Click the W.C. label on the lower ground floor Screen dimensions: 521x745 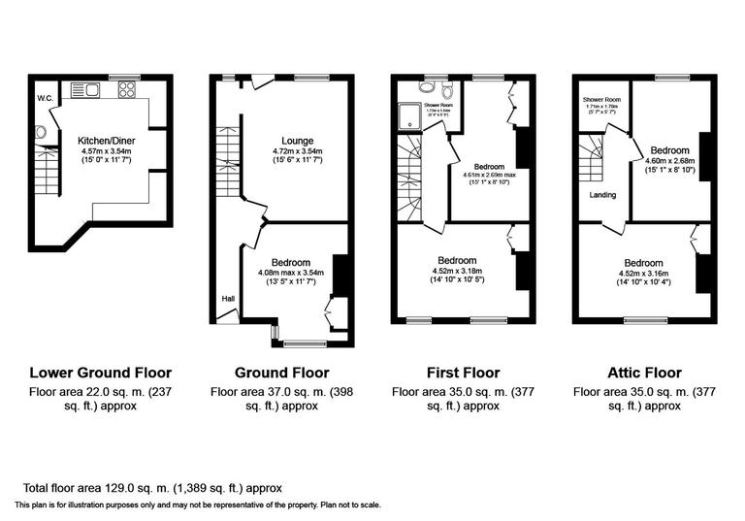[x=45, y=98]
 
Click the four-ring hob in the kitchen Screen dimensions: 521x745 [x=127, y=90]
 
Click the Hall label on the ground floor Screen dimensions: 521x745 [x=228, y=298]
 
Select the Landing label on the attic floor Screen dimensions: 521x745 [x=602, y=194]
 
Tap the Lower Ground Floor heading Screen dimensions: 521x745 [x=101, y=373]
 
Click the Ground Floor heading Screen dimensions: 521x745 [x=282, y=373]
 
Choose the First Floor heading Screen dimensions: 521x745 [x=463, y=373]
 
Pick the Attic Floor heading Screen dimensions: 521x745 [x=643, y=373]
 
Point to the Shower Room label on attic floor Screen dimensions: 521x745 [x=601, y=100]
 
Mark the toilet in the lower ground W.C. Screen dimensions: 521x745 [x=41, y=133]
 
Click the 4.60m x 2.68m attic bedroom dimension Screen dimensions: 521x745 [x=670, y=162]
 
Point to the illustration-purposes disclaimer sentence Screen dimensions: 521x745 [x=198, y=505]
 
